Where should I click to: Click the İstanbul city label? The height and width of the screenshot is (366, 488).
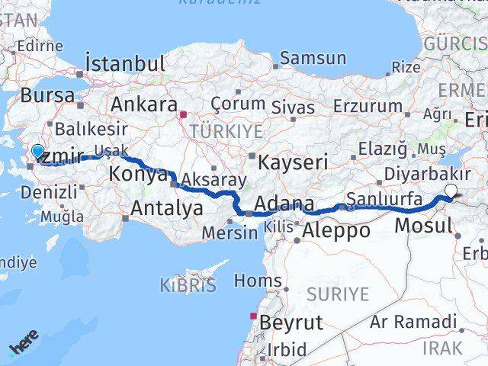coord(126,63)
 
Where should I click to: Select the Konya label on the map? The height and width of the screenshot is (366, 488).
coord(139,174)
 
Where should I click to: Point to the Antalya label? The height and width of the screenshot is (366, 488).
coord(167,207)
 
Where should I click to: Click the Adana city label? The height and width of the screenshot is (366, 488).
coord(284,204)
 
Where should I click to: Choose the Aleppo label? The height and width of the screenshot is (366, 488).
coord(335,230)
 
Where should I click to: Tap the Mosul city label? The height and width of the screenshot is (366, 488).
coord(423,225)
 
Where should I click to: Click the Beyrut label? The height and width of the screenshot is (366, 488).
coord(291,322)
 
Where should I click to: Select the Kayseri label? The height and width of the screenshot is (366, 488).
coord(293,162)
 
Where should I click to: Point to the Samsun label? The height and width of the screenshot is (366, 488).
coord(313,58)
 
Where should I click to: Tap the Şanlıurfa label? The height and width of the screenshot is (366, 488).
coord(384,200)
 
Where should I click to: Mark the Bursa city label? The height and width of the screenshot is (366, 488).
coord(48,96)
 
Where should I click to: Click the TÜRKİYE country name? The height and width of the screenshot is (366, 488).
coord(226,130)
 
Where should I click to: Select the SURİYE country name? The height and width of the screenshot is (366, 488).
coord(337,294)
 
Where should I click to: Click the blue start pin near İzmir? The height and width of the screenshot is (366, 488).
coord(37,152)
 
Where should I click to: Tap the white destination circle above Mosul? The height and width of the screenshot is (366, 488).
coord(451,191)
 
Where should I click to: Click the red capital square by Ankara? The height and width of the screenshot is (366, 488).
coord(183,115)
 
